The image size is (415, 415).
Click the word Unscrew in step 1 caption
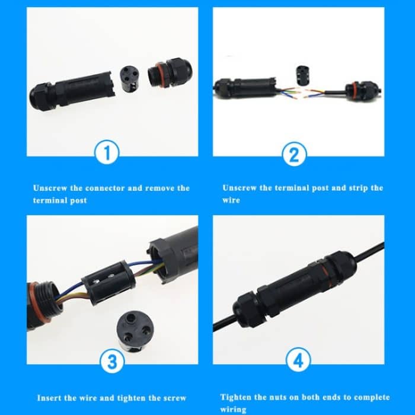[50, 188]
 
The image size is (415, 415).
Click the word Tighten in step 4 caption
[236, 397]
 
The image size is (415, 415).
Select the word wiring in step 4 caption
[233, 409]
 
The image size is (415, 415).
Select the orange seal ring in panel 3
[34, 304]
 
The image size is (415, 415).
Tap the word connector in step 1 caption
[105, 188]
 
